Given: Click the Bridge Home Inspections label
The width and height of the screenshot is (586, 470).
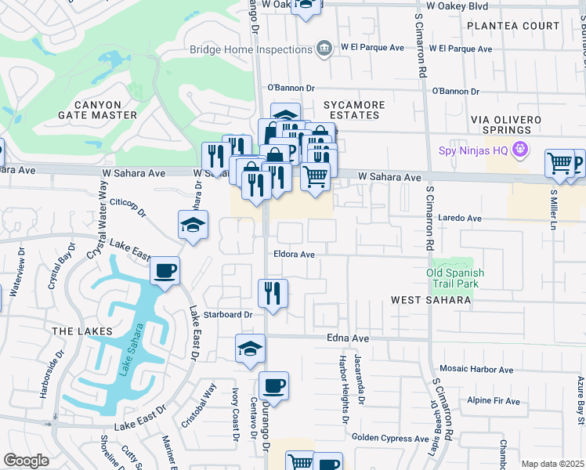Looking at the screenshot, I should (x=249, y=49).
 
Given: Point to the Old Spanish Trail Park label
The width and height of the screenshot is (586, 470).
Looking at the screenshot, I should (x=454, y=278).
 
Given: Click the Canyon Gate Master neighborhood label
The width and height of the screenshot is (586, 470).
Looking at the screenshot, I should (x=98, y=110).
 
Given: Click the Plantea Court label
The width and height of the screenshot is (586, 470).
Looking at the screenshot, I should (x=513, y=26).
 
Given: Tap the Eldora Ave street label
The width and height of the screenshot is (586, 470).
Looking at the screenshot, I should (x=294, y=255).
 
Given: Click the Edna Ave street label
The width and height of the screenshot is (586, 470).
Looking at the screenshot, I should (x=347, y=338).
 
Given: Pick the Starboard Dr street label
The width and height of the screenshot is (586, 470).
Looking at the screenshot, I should (x=227, y=314).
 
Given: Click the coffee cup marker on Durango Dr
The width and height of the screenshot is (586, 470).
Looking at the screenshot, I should (x=273, y=386).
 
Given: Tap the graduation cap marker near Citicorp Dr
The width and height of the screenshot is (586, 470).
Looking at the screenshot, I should (x=193, y=226).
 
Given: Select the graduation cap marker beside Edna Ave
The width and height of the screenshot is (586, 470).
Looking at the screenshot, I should (x=250, y=349).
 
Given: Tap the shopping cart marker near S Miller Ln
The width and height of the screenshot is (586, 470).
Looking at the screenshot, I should (x=560, y=164).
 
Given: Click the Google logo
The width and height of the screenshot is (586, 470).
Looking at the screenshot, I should (x=26, y=461).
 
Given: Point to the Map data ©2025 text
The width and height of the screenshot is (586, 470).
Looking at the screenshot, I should (x=552, y=464).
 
